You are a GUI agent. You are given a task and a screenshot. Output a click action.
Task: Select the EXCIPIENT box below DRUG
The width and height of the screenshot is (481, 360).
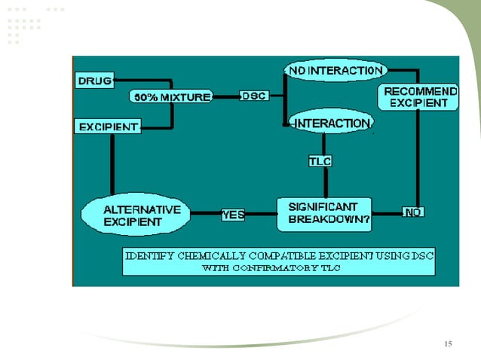109,127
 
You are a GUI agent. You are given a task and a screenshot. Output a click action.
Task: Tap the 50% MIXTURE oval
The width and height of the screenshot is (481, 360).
172,97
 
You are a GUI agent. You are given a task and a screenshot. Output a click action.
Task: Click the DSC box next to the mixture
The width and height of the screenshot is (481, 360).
252,96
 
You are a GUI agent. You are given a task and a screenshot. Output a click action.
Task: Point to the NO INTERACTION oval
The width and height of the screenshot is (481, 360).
335,71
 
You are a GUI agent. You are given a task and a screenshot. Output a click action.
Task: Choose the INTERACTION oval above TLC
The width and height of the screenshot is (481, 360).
332,123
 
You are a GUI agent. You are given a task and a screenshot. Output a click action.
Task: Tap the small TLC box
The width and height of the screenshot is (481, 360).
320,160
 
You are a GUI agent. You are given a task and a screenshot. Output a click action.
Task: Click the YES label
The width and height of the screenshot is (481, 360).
233,215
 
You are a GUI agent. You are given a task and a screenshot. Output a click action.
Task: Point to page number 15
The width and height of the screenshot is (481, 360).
449,344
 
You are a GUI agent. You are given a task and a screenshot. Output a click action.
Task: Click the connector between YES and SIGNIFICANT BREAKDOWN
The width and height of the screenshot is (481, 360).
261,215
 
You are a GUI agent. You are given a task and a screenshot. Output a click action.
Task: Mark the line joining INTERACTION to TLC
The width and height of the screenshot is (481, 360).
324,144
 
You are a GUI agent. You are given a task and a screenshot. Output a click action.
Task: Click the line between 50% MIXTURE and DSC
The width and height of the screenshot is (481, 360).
225,96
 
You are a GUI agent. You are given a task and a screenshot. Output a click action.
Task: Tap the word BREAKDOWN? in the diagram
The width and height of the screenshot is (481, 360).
325,220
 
